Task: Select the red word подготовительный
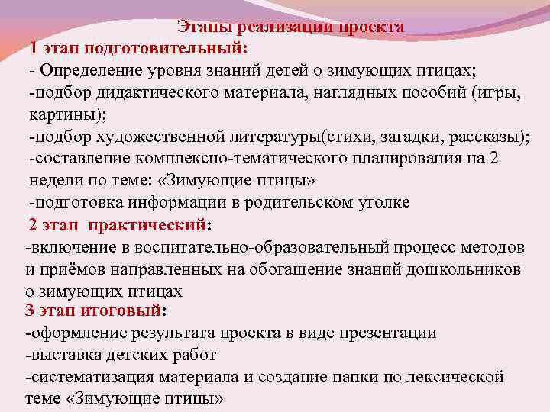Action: tap(165, 48)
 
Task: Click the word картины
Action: tap(64, 114)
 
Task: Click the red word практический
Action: tap(147, 225)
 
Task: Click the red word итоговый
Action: tap(133, 311)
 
